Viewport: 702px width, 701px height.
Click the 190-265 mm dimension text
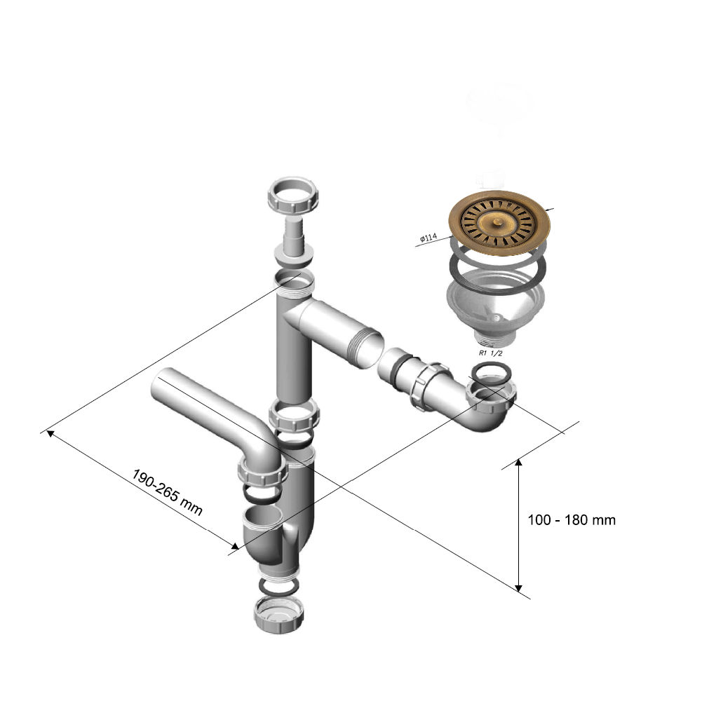tap(167, 493)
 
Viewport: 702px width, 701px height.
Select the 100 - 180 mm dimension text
tap(571, 520)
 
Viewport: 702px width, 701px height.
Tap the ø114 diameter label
tap(428, 239)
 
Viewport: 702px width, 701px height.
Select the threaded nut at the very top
tap(294, 196)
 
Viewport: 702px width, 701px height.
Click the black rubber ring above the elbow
tap(488, 372)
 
